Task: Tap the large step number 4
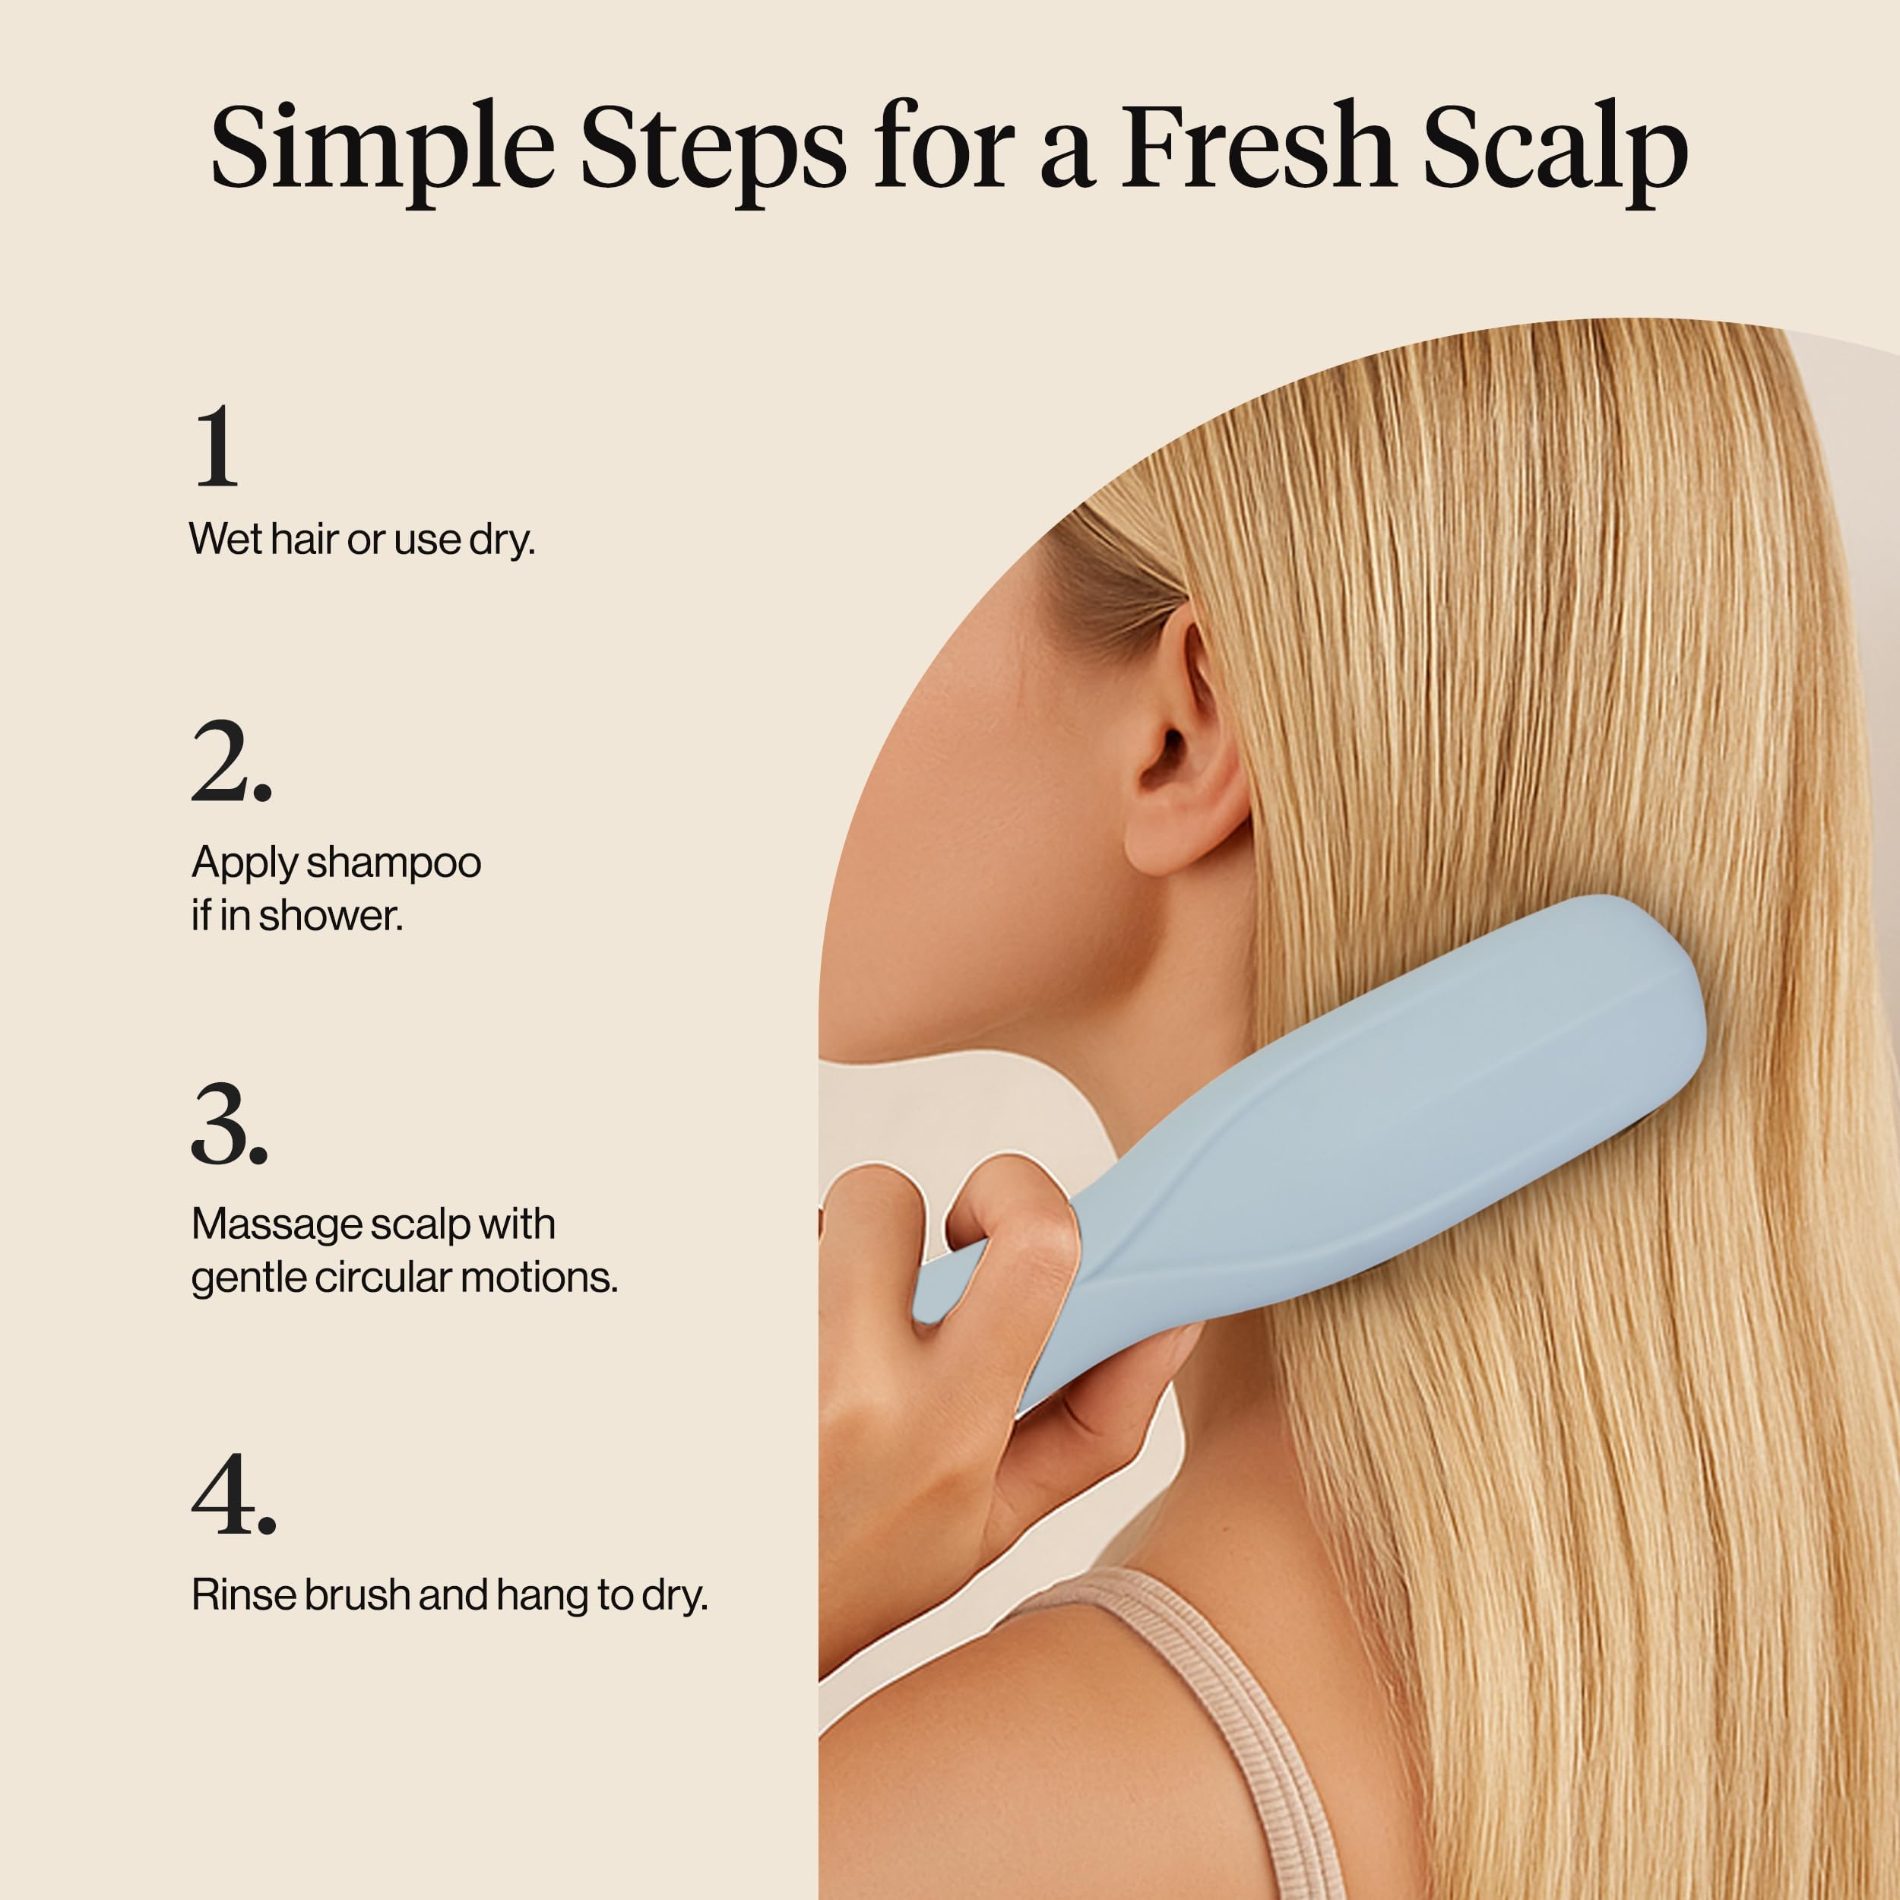[x=234, y=1495]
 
